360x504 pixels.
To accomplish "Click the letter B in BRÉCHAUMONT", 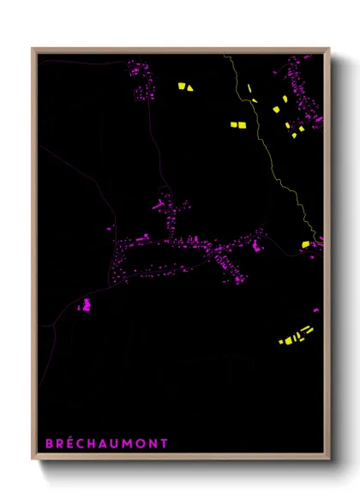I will [49, 443].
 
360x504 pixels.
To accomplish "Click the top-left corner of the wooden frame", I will [33, 48].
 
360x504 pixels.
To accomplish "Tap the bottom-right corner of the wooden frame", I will [329, 459].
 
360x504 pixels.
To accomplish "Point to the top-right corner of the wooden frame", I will [329, 48].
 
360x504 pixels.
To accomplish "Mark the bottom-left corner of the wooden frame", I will [33, 459].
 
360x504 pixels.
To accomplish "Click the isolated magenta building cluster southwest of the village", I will [85, 304].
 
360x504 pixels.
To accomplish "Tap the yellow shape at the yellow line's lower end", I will [305, 245].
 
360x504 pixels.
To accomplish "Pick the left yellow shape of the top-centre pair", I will [182, 86].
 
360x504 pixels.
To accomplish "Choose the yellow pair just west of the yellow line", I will [237, 125].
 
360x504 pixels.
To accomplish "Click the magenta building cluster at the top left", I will [141, 79].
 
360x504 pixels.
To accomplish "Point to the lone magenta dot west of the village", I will [109, 229].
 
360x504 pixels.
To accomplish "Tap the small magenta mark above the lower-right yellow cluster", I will [315, 310].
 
